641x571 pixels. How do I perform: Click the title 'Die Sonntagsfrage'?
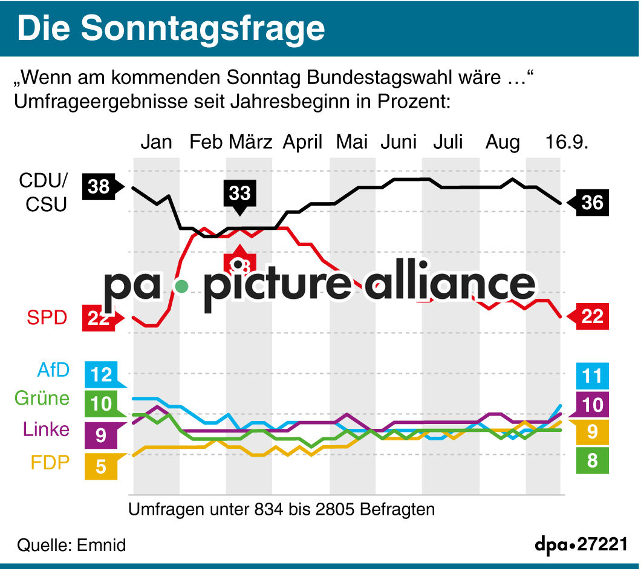tap(171, 28)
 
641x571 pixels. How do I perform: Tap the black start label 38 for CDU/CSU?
tap(99, 187)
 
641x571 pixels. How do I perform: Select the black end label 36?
tap(592, 202)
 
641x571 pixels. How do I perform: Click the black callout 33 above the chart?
tap(239, 193)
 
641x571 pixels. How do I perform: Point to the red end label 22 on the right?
tap(592, 316)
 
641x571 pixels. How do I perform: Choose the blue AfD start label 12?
tap(102, 375)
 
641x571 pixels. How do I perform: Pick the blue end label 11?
tap(592, 376)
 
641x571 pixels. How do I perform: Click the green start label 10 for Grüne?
tap(102, 403)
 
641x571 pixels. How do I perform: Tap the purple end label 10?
tap(592, 404)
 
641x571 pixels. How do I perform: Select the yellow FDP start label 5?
tap(100, 466)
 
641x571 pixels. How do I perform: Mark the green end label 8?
tap(592, 461)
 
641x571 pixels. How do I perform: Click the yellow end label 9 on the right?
tap(592, 432)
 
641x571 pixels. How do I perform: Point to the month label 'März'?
tap(251, 142)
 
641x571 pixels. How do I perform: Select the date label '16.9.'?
tap(567, 142)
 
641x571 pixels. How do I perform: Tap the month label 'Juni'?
tap(399, 142)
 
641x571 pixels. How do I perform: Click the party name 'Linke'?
tap(47, 430)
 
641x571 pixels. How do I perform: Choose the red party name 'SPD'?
tap(47, 317)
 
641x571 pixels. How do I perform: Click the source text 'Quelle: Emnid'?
tap(72, 545)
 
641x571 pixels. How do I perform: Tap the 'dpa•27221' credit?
tap(581, 544)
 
